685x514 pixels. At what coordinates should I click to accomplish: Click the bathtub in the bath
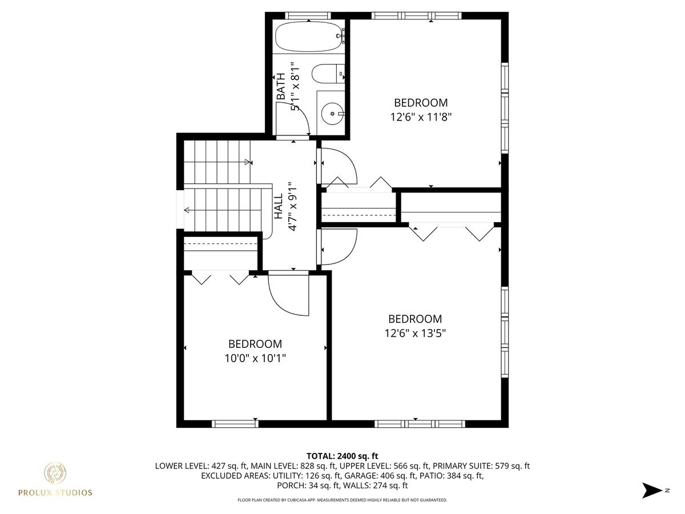[309, 37]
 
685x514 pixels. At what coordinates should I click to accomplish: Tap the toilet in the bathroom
[328, 74]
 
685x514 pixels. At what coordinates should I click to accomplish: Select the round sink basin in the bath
[332, 114]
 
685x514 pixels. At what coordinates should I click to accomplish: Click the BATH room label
[281, 86]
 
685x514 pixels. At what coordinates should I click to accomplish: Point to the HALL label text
[279, 206]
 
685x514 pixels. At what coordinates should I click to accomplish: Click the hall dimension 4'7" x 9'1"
[293, 207]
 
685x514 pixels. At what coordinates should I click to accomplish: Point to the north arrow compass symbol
[652, 499]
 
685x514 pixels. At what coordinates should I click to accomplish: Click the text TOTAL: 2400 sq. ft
[342, 456]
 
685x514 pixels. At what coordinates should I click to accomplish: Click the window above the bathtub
[308, 15]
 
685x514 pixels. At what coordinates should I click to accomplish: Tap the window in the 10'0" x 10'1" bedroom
[235, 424]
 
